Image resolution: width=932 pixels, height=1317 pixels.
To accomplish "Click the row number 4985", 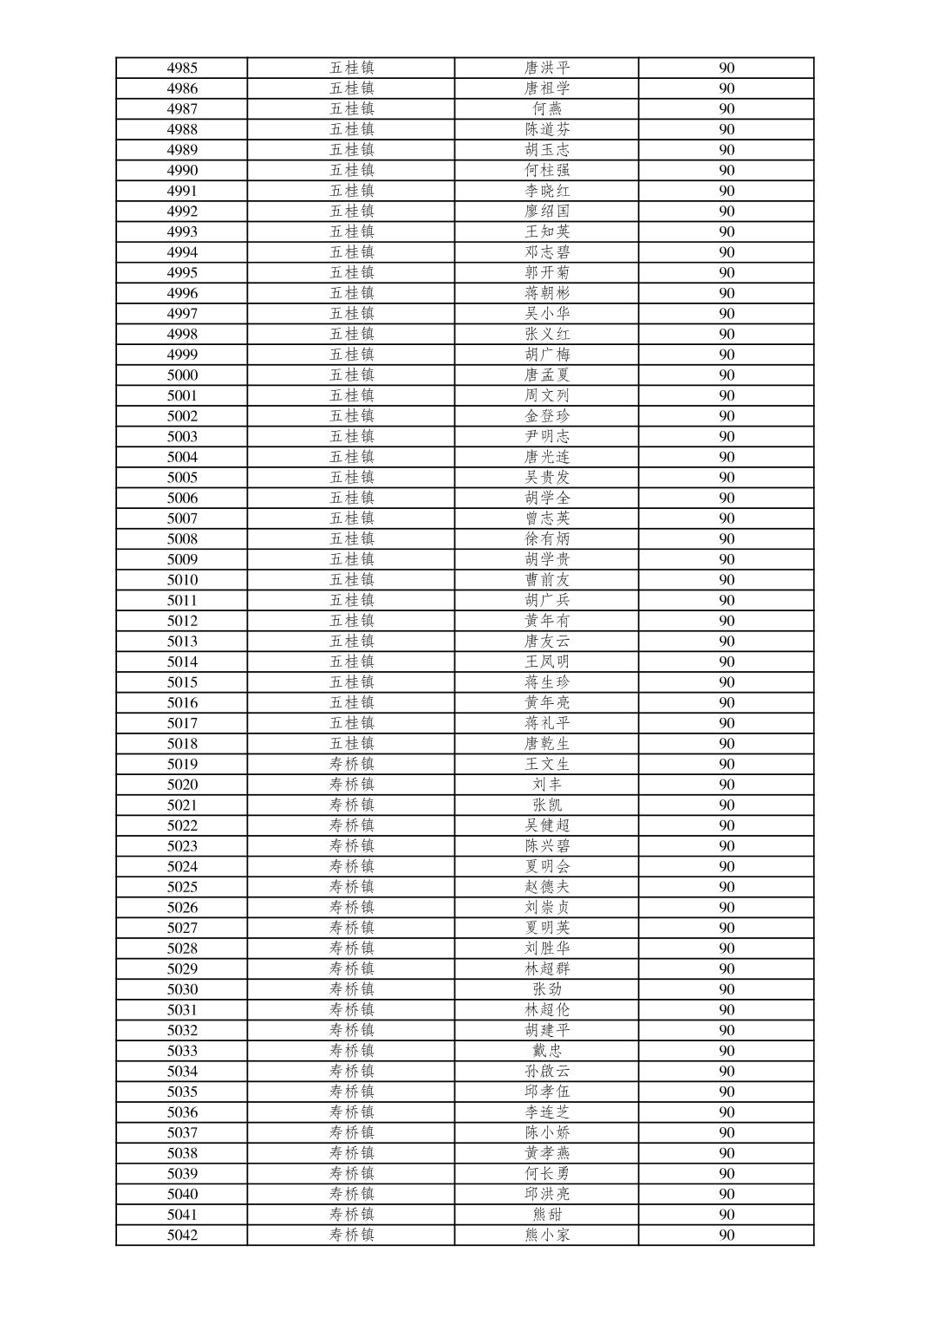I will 182,68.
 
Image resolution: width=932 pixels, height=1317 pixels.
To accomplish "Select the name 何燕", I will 547,108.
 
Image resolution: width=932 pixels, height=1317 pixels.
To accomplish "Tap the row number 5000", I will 182,375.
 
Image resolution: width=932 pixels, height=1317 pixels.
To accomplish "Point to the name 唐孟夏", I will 547,375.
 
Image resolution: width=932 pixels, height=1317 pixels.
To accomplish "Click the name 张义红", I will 547,334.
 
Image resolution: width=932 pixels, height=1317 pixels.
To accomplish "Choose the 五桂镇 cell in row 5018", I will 351,743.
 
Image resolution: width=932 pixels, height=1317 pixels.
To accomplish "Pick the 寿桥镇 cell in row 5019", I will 351,764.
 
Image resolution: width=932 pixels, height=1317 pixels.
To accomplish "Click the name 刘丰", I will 547,785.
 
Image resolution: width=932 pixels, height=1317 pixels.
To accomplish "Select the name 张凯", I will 547,805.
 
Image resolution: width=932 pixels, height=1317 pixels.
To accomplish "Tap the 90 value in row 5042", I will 727,1235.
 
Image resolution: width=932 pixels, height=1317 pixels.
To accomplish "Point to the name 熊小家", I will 547,1235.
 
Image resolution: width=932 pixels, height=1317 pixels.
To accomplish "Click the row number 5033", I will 182,1051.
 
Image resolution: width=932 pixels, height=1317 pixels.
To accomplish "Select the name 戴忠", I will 547,1051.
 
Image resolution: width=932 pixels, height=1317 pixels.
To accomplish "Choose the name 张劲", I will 547,989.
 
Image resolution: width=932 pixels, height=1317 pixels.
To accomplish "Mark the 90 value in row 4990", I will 727,170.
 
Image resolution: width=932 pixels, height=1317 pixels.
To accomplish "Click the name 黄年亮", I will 547,702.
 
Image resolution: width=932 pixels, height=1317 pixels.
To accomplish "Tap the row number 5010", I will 182,580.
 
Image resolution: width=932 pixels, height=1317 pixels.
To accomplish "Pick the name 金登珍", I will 547,416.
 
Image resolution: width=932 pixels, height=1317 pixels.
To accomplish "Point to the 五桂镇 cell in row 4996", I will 351,293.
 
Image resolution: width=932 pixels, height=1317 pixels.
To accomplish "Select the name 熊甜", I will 547,1215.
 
